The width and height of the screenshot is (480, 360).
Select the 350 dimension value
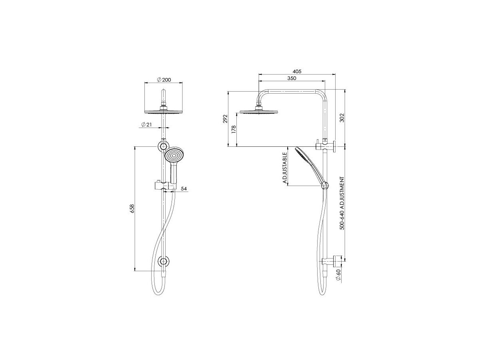point(292,78)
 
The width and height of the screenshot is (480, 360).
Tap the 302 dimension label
point(341,118)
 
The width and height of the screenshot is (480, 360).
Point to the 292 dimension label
point(225,119)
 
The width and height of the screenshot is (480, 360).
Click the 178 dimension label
point(234,129)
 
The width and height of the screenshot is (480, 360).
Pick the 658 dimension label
point(132,208)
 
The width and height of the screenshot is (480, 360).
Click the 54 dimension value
point(184,188)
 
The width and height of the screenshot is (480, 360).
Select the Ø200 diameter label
point(164,80)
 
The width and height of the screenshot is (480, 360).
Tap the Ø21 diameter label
point(146,125)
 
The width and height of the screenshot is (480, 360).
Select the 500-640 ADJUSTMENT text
point(342,203)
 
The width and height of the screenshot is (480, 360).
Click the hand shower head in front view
point(174,156)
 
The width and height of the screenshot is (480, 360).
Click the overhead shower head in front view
point(164,112)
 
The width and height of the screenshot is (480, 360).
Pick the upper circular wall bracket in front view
point(164,146)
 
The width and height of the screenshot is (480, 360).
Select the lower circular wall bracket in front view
point(164,262)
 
